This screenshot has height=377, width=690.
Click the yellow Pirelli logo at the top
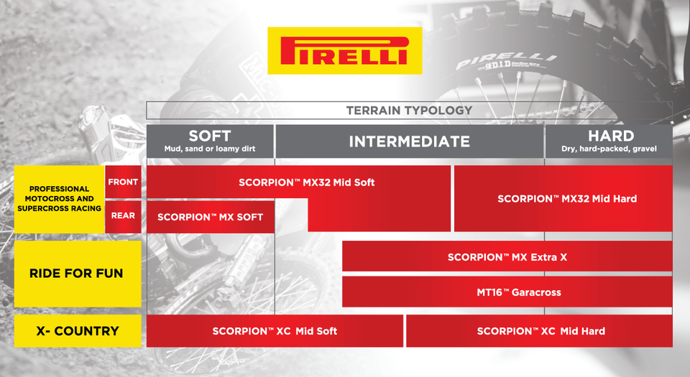345,51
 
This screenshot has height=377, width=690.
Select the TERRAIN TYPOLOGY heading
409,111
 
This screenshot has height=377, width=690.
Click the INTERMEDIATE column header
409,141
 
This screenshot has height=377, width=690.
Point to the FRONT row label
123,182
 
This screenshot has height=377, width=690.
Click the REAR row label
123,215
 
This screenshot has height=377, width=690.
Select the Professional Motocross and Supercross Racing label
60,199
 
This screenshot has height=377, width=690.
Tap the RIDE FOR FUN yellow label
76,274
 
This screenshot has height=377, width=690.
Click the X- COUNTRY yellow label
76,331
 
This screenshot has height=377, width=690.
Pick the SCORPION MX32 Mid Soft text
307,182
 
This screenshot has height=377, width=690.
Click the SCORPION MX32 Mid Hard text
567,199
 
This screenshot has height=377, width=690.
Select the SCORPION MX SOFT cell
210,217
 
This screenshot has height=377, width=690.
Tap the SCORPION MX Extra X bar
507,256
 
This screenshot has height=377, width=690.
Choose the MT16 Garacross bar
507,292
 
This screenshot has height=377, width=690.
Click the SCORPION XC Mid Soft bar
275,331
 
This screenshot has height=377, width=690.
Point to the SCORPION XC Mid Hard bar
540,331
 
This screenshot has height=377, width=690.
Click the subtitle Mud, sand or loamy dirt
210,150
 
